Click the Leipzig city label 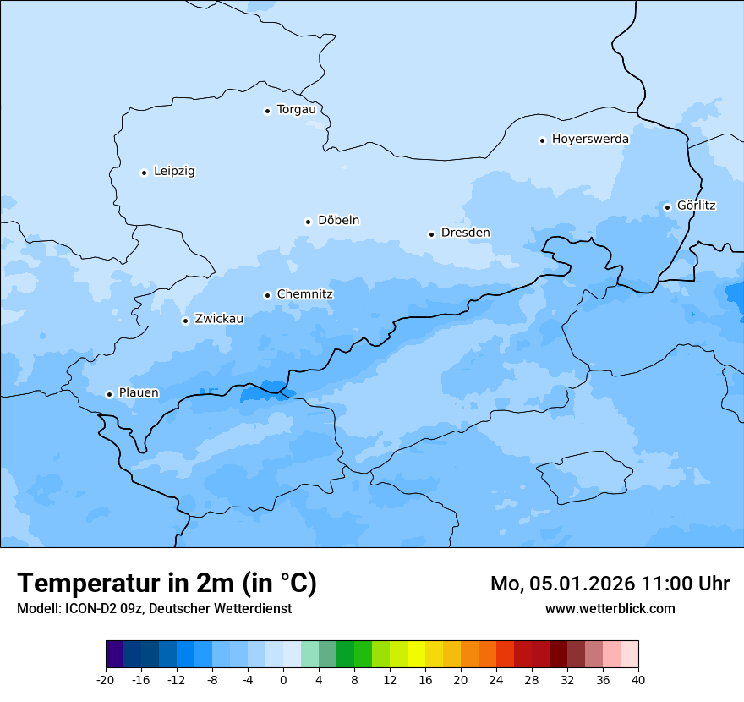click(x=174, y=171)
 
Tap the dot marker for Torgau click(x=267, y=110)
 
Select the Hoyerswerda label click(x=590, y=139)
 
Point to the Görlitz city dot click(x=667, y=206)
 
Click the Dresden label click(x=465, y=233)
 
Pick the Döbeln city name click(x=338, y=220)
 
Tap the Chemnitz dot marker click(x=267, y=295)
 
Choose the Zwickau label click(x=219, y=319)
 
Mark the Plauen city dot click(x=109, y=394)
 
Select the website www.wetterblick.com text click(x=610, y=608)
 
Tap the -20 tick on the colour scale click(x=106, y=679)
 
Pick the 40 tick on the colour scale click(x=637, y=679)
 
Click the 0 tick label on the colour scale click(x=283, y=679)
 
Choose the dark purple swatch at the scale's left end click(x=114, y=655)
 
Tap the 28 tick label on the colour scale click(x=531, y=679)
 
